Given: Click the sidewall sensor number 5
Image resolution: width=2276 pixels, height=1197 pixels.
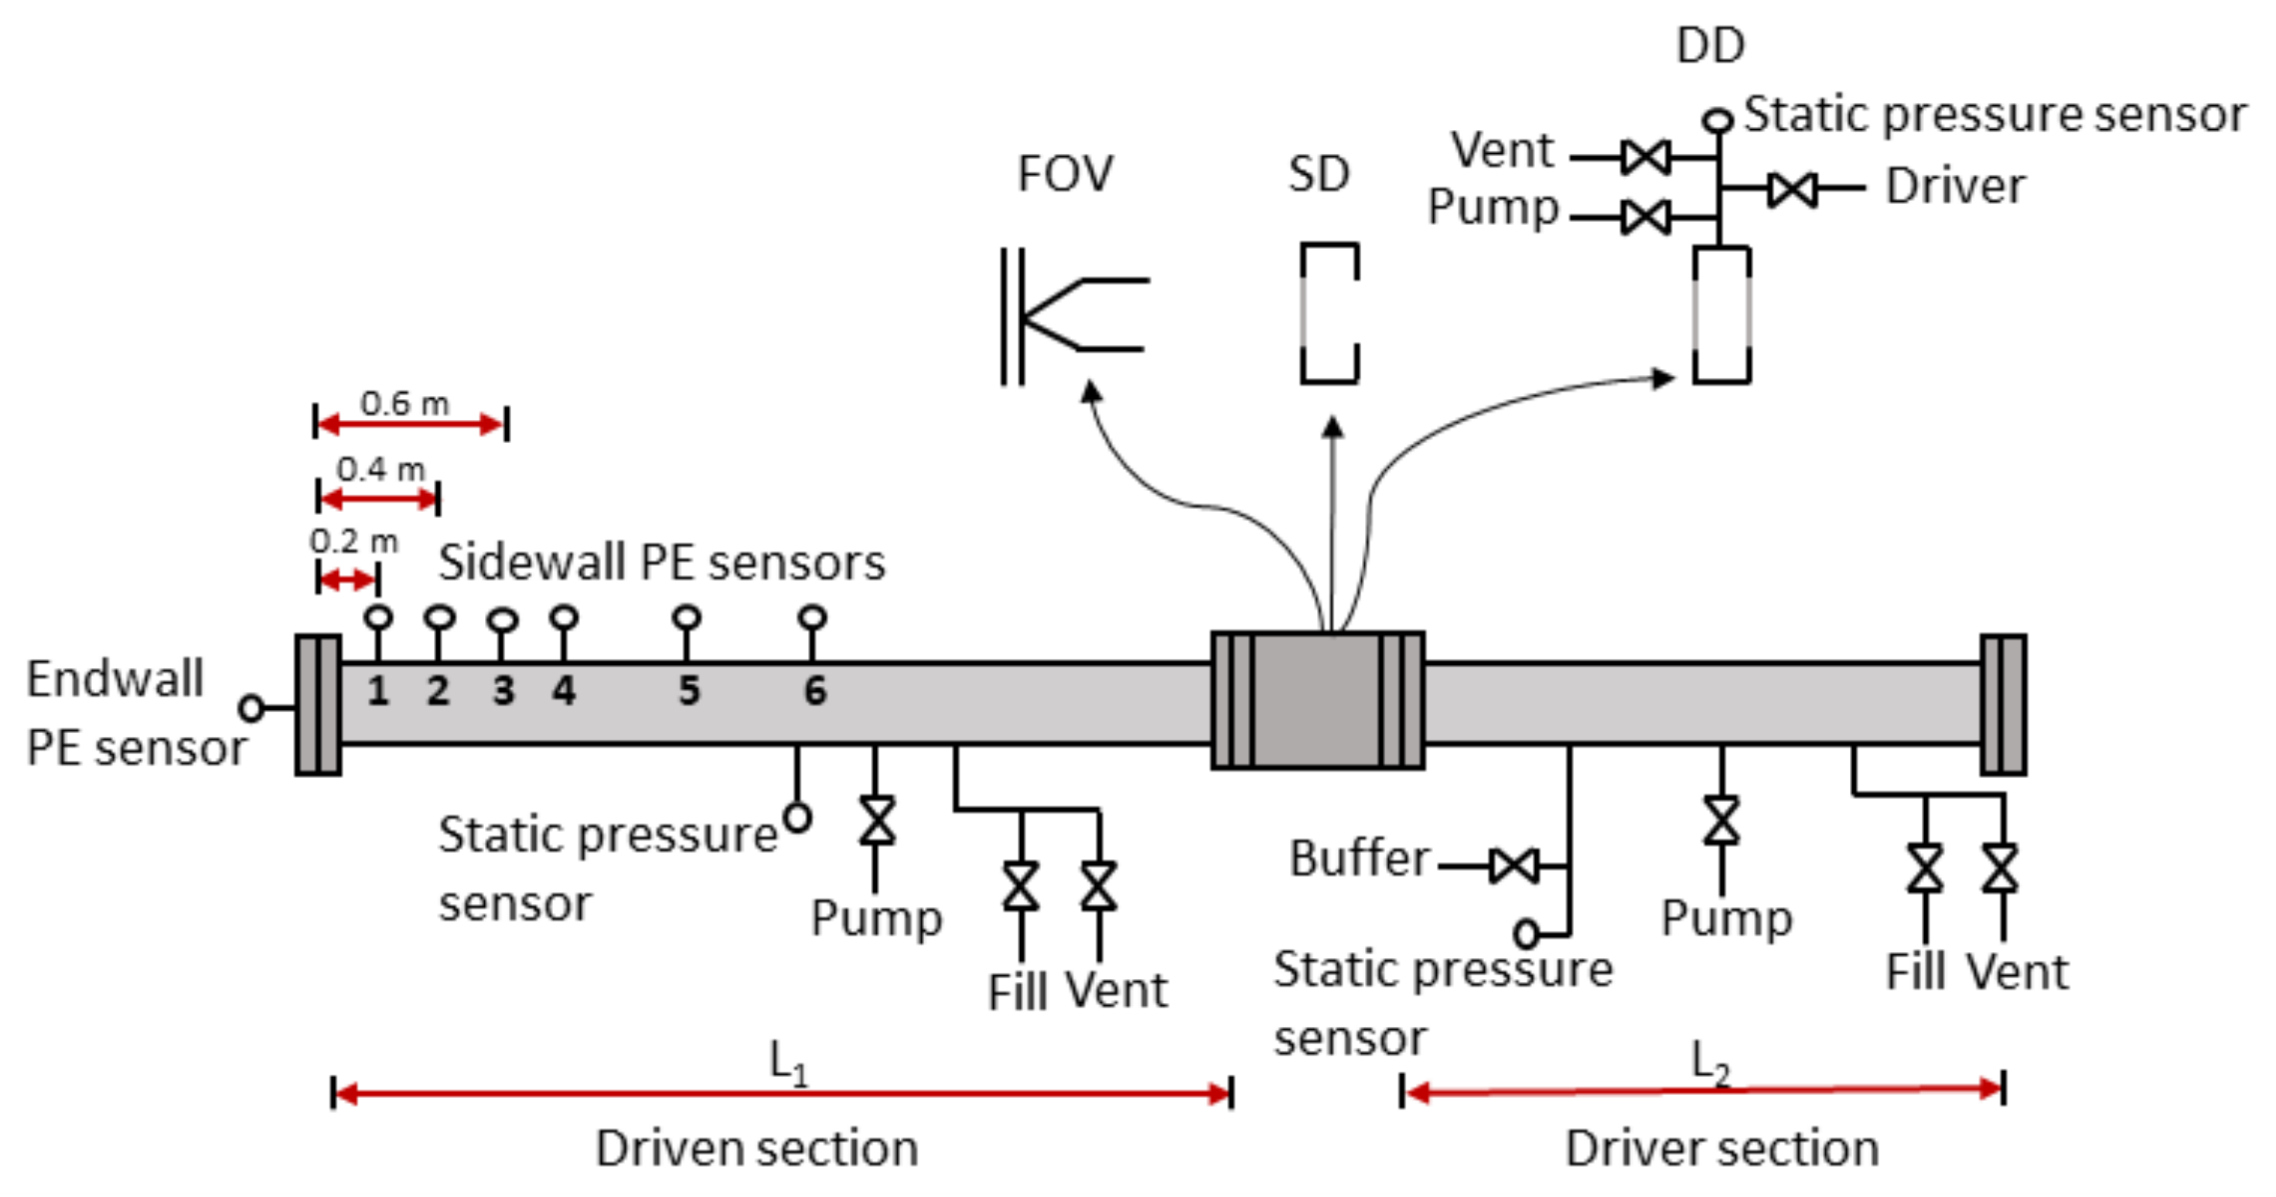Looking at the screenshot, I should tap(688, 691).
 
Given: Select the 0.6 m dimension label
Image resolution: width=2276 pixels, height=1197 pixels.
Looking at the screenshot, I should tap(404, 404).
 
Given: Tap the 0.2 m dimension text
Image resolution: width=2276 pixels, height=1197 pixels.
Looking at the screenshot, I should tap(353, 541).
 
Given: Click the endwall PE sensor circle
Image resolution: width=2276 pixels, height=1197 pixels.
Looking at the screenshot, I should tap(251, 708).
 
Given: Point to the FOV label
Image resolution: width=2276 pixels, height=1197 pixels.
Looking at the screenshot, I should tap(1065, 173).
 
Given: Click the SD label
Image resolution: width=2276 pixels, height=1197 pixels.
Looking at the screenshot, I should tap(1319, 174).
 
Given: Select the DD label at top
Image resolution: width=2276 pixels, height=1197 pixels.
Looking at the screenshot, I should tap(1710, 45).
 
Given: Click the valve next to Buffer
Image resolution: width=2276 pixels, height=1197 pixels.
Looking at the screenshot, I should tap(1513, 866).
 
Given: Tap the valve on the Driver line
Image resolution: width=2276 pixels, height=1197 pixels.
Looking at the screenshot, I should tap(1793, 188).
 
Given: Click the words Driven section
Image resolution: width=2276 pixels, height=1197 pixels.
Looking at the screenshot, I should tap(757, 1148).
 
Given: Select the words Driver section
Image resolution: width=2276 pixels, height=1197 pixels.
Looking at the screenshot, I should tap(1722, 1148).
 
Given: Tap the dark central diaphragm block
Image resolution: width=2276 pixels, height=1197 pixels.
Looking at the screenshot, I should tap(1316, 701).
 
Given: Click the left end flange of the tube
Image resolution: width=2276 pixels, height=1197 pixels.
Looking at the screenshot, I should tap(318, 704).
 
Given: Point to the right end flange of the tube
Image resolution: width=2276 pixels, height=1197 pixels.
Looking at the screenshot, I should tap(2003, 704).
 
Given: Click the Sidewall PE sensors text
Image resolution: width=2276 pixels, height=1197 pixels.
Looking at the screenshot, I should tap(662, 562).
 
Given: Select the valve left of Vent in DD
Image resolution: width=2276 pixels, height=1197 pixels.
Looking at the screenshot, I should tap(1646, 157).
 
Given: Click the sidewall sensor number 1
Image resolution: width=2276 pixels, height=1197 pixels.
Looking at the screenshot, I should tap(378, 691).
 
